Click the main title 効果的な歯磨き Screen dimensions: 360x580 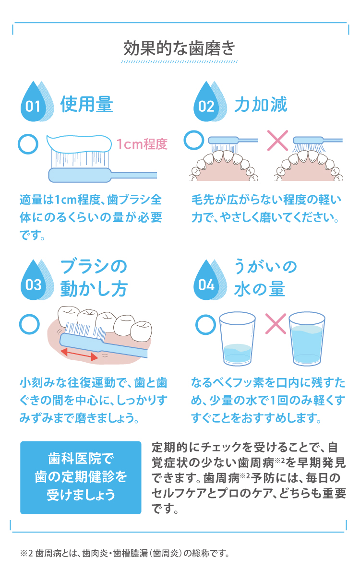tap(179, 48)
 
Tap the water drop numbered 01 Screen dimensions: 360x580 tap(37, 102)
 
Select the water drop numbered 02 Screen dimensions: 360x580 tap(210, 102)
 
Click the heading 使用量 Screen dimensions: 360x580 tap(87, 105)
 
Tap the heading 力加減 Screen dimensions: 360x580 tap(261, 105)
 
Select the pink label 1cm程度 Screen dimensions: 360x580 tap(142, 144)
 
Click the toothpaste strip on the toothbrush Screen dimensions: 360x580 tap(79, 143)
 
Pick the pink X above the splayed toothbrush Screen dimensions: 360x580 tap(277, 141)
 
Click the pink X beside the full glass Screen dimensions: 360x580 tap(276, 324)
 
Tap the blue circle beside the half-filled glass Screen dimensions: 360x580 tap(205, 325)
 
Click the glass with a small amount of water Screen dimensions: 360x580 tap(237, 339)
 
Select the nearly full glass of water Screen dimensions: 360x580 tap(307, 339)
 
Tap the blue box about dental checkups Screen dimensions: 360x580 tap(81, 478)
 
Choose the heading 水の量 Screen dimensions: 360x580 tap(260, 289)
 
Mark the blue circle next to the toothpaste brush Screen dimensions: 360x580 tap(28, 144)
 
